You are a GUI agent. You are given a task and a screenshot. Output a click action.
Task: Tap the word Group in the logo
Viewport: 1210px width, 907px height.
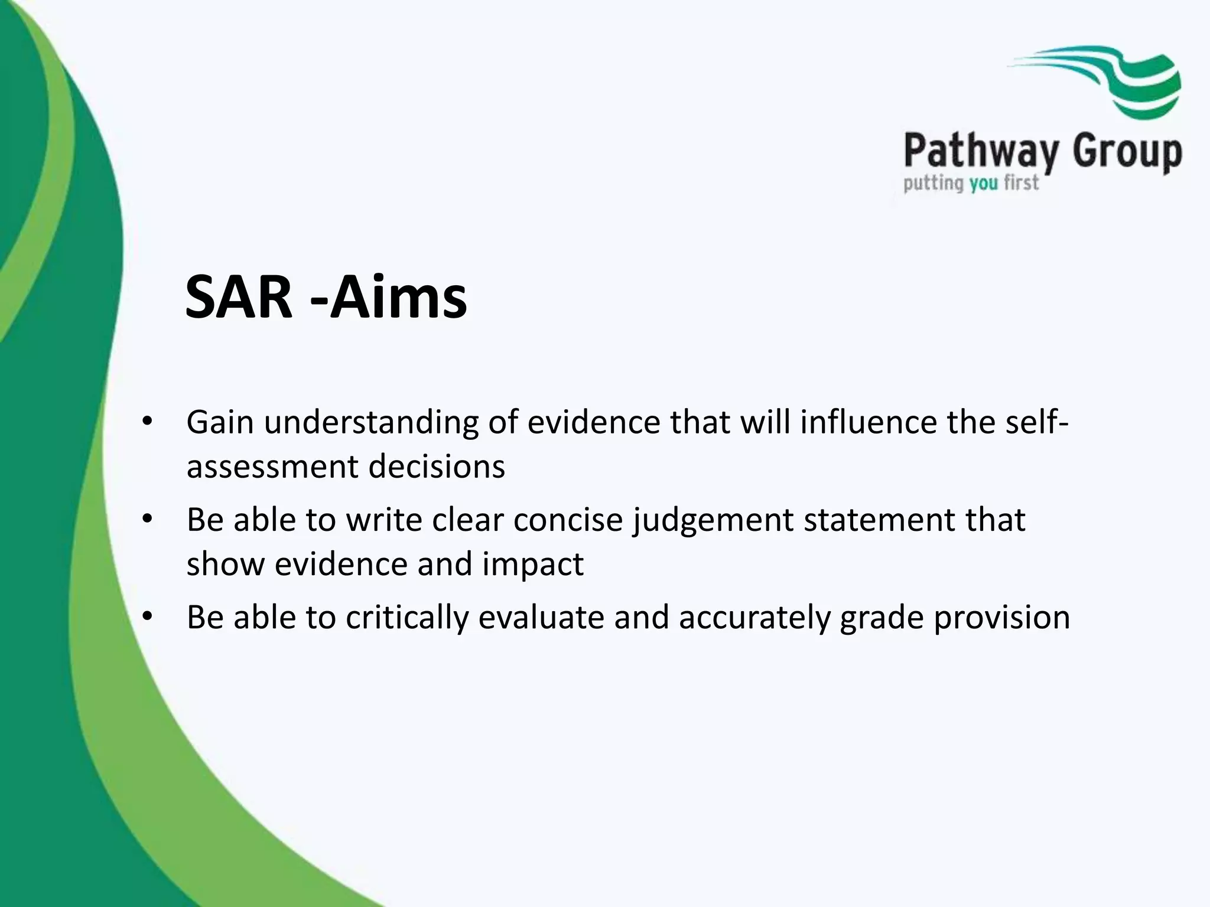click(x=1127, y=153)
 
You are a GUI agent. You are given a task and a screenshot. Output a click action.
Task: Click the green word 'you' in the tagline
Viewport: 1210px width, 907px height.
click(x=983, y=184)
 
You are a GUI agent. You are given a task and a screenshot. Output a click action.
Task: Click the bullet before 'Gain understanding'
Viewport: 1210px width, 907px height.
click(x=147, y=422)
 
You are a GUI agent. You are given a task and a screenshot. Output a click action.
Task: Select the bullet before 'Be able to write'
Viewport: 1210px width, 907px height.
click(x=147, y=520)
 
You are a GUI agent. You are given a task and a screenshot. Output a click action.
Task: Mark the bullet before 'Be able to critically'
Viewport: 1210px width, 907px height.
click(x=147, y=617)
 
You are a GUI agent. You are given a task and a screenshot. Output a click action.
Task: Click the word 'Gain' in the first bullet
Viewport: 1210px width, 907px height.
click(x=220, y=423)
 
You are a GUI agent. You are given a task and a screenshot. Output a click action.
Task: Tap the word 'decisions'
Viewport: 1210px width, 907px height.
click(x=437, y=466)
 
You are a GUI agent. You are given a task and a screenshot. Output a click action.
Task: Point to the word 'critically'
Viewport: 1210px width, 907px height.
click(x=406, y=618)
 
